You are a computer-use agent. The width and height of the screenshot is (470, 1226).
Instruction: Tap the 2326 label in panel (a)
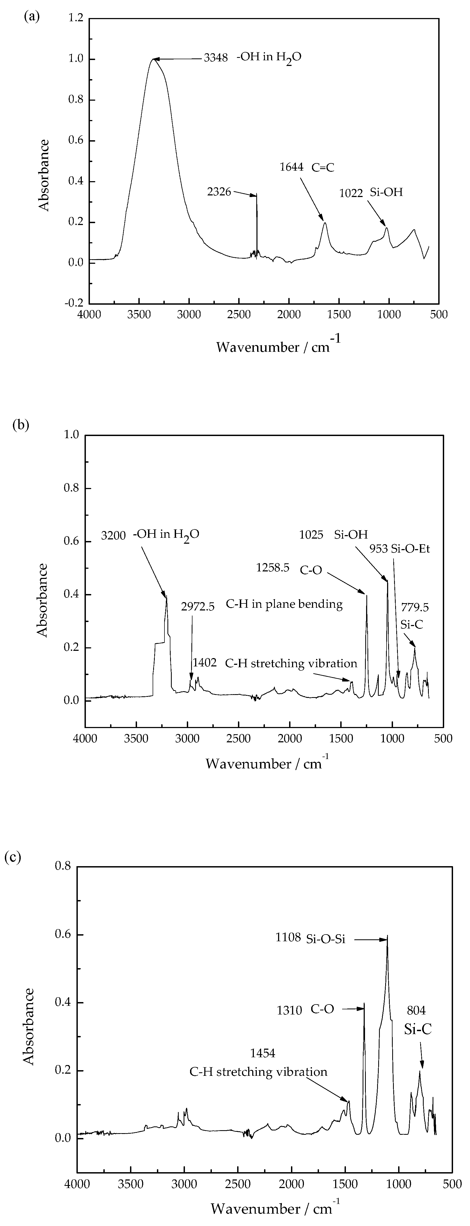(219, 192)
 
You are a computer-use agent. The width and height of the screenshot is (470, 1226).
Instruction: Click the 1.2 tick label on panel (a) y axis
(76, 18)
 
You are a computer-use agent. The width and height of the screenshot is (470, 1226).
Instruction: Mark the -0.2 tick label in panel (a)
(73, 303)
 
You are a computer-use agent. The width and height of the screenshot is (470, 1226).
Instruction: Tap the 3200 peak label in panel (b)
(113, 535)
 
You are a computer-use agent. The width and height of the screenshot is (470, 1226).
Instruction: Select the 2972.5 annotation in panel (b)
(198, 606)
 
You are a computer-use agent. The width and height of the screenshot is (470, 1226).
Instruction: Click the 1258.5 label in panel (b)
(272, 567)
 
